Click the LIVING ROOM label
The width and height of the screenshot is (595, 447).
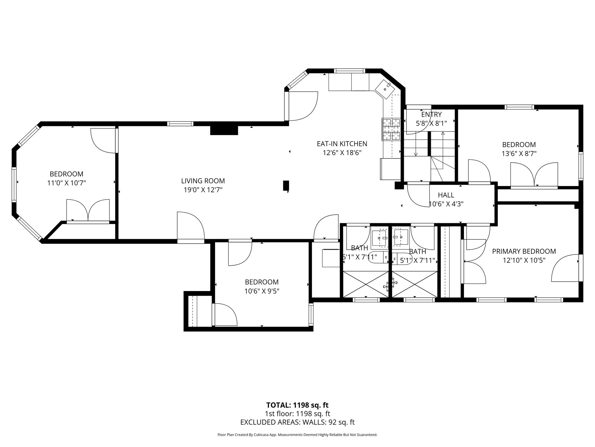point(203,181)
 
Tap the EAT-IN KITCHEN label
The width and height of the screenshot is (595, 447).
point(342,143)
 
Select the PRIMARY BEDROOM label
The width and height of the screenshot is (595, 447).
point(524,251)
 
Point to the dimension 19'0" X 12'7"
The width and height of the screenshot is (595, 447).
point(203,190)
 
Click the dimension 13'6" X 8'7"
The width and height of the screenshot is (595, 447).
point(519,154)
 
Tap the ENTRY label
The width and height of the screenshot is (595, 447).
point(431,114)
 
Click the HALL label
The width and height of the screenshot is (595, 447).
point(446,195)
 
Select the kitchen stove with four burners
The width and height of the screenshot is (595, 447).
point(391,130)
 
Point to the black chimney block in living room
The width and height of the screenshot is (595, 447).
point(224,130)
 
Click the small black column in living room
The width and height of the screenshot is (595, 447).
point(286,185)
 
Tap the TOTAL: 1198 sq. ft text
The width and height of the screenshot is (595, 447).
point(297,405)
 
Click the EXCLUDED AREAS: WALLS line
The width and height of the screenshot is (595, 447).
point(297,422)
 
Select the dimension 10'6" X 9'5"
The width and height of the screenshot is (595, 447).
point(261,291)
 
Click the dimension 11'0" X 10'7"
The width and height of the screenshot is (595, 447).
point(67,183)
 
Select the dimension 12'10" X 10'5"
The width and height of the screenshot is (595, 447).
point(524,260)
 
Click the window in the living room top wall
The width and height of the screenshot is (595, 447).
point(180,124)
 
